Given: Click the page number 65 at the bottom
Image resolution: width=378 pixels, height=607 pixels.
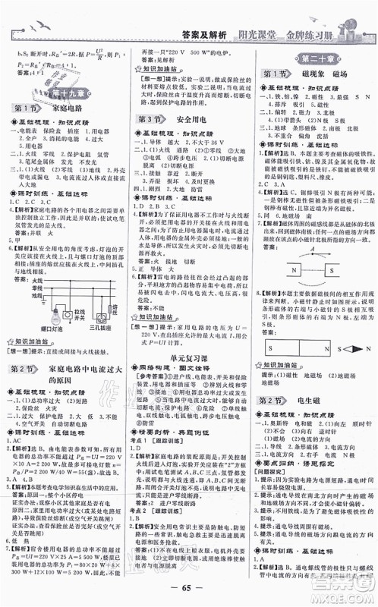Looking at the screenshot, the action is click(x=188, y=592).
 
